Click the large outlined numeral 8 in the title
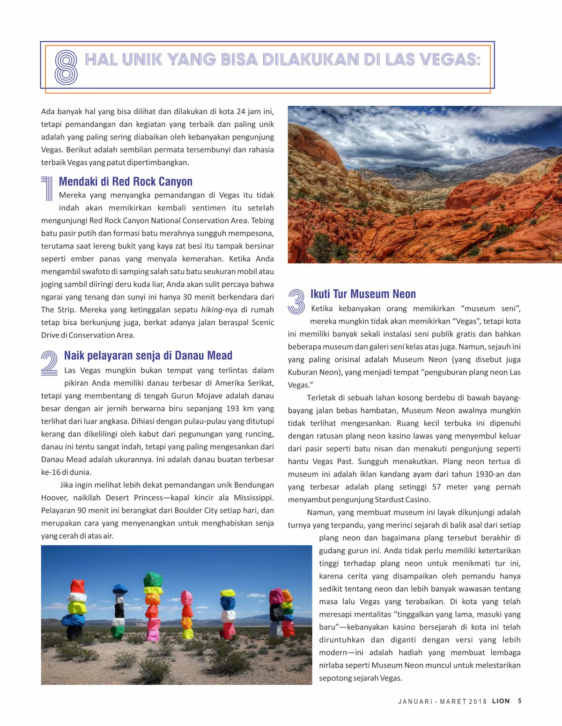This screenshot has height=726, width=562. tap(66, 67)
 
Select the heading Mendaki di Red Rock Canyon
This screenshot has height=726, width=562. tap(126, 182)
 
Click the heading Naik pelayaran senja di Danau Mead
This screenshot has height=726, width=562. tap(148, 356)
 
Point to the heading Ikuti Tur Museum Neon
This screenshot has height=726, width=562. tap(363, 294)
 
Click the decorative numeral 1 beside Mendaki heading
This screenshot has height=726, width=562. tap(47, 188)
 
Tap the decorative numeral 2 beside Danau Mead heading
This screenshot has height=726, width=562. tap(50, 363)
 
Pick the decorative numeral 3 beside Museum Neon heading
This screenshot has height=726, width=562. tap(296, 301)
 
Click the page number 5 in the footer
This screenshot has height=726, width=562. tap(520, 701)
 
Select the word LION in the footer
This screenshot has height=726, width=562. tap(501, 701)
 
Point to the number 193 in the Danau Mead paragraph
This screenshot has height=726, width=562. tap(232, 409)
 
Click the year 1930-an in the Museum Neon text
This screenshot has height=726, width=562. tap(490, 474)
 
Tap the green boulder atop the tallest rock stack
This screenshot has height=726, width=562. tap(153, 579)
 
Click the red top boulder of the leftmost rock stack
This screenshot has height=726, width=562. tap(78, 586)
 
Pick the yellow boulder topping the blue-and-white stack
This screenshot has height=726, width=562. tap(228, 593)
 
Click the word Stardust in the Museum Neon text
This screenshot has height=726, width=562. tap(390, 500)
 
